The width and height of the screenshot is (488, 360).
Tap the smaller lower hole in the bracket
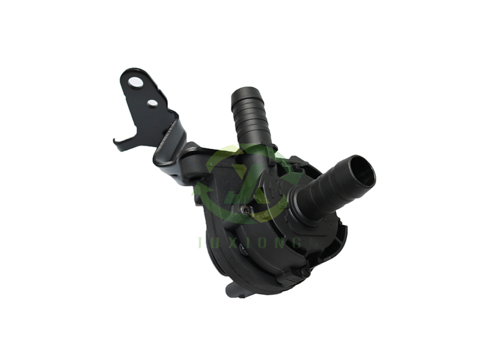click(x=152, y=103)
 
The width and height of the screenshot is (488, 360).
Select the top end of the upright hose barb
click(x=246, y=95)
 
